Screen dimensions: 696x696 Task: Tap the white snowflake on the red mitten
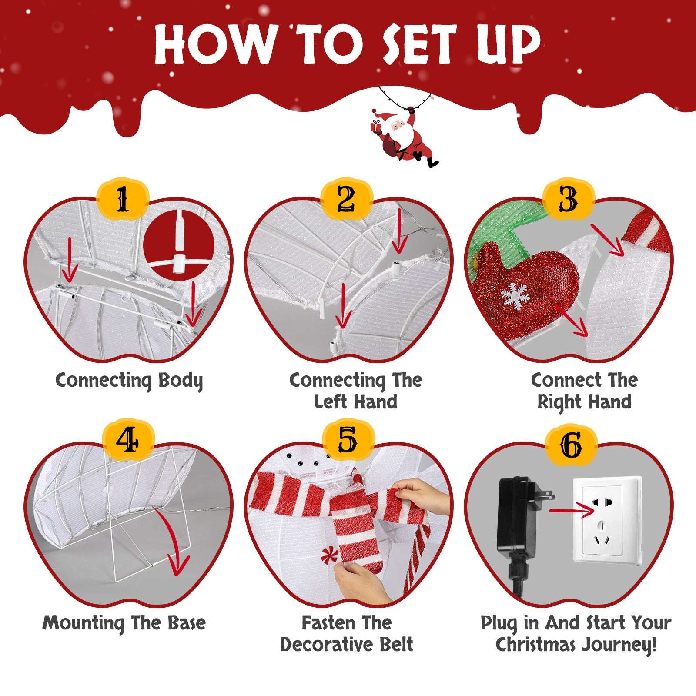pos(515,296)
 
